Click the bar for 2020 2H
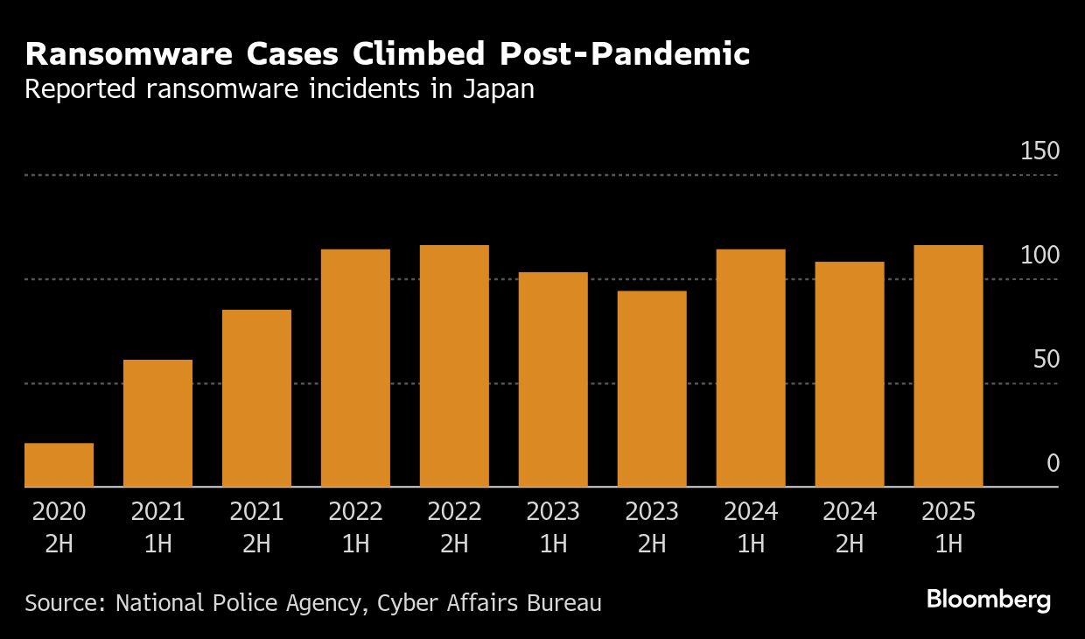[59, 465]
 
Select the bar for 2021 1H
[157, 423]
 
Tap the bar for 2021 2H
[256, 398]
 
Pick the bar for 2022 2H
[454, 366]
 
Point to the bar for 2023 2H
[652, 389]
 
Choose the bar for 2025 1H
[948, 366]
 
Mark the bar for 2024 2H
[850, 374]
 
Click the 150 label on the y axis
[1039, 151]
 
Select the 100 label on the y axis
[1039, 256]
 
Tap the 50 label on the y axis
[1046, 360]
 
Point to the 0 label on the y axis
[1053, 464]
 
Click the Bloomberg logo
[988, 600]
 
